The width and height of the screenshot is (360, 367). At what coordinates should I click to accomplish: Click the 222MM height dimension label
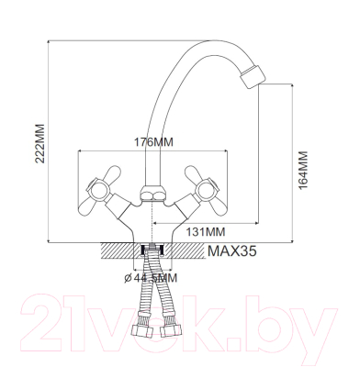coord(40,143)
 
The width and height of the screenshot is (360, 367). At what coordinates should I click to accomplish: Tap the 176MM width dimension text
coord(153,142)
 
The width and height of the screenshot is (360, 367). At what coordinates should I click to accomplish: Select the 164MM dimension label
coord(303,170)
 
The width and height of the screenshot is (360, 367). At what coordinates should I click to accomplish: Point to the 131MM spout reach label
coord(206,232)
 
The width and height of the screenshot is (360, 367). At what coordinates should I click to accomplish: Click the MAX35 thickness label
coord(232,251)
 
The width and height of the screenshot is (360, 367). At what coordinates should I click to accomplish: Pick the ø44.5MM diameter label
coord(151,278)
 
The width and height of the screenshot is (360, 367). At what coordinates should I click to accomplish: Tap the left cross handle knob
coord(98,190)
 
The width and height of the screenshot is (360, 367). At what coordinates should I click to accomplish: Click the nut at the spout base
coord(152,194)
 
